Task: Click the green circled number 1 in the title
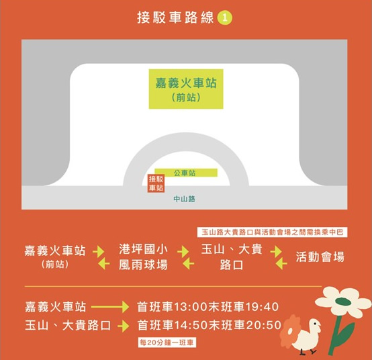224,18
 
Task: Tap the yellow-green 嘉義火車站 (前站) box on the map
186,89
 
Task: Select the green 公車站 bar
186,173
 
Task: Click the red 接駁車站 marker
156,183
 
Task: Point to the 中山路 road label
185,199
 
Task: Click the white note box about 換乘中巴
272,232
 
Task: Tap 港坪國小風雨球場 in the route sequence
143,257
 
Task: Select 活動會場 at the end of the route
320,257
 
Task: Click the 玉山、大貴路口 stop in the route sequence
232,257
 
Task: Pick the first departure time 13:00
191,307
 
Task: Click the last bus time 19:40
262,307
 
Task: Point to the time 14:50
191,325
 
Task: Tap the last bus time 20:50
264,325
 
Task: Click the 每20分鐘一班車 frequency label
167,343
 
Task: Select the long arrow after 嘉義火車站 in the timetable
110,307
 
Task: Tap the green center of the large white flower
343,302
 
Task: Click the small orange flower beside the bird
290,329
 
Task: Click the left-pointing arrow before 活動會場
281,263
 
